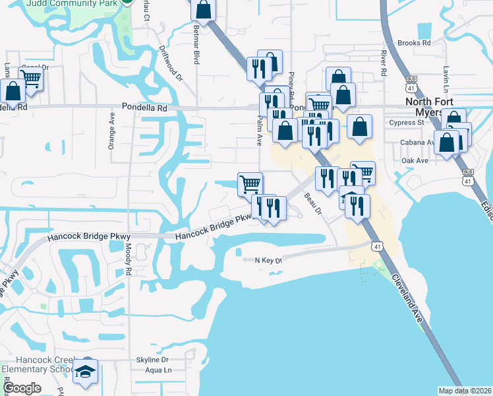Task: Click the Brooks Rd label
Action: point(414,42)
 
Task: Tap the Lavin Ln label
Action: point(446,79)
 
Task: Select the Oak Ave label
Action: point(415,160)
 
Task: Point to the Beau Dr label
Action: point(312,204)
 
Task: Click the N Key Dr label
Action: point(268,261)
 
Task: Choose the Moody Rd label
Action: point(129,259)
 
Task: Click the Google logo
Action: point(22,388)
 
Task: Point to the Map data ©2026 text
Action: point(465,391)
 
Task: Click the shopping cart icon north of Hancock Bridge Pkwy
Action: point(250,183)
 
